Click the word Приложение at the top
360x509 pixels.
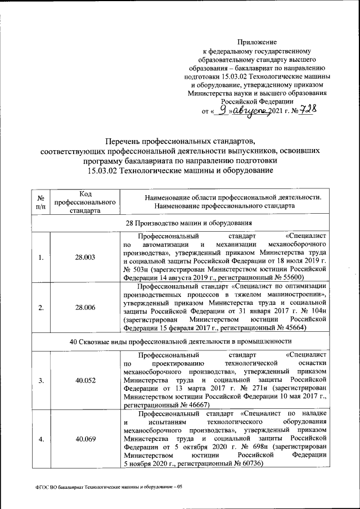tap(257, 42)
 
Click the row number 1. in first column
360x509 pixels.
tap(40, 257)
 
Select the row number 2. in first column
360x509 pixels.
tap(40, 308)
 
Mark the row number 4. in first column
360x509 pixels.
tap(40, 439)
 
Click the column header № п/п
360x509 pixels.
tap(40, 202)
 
